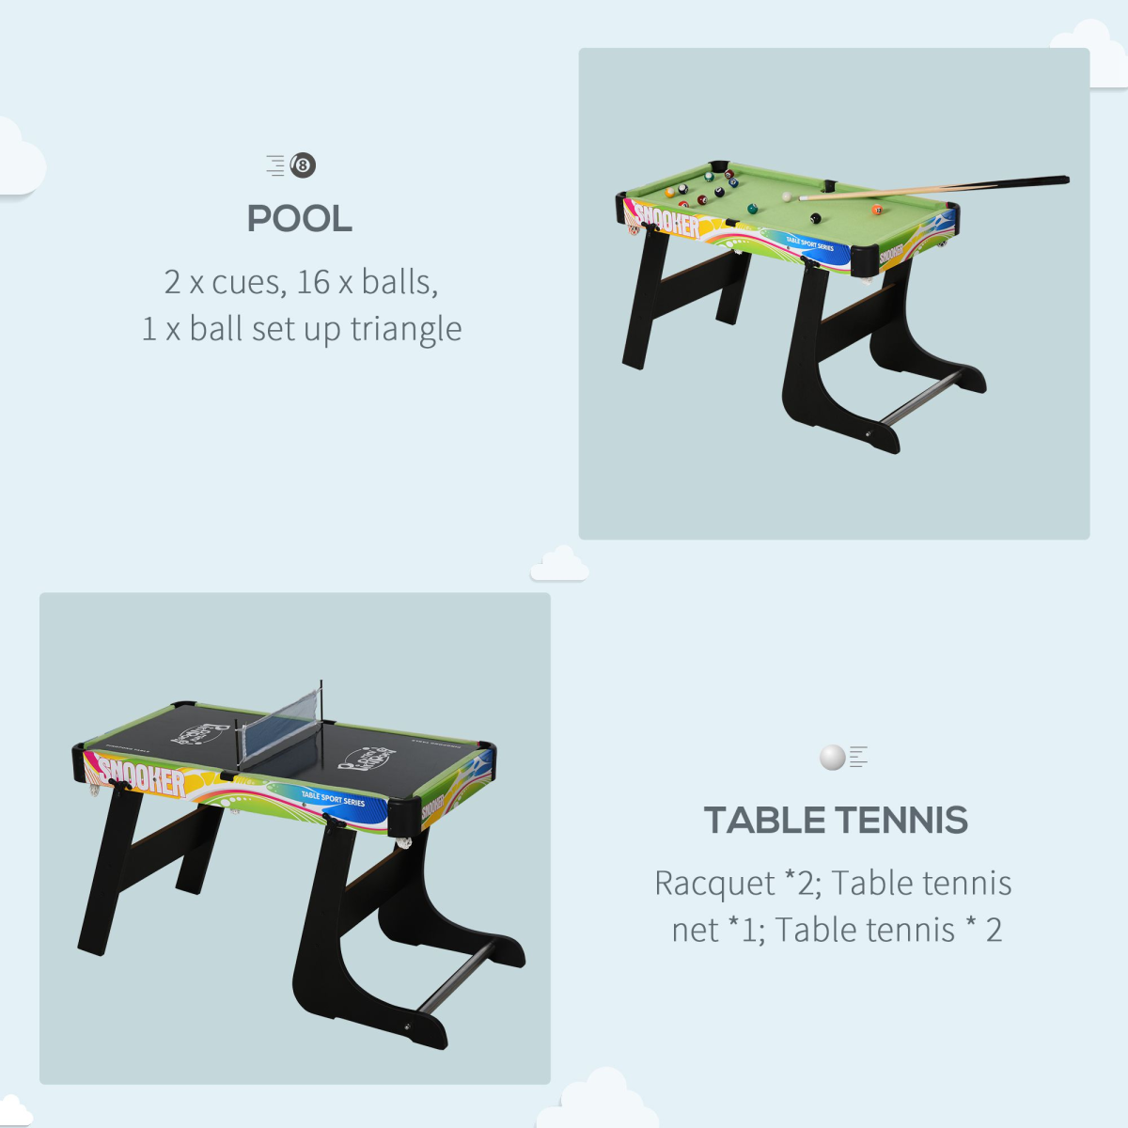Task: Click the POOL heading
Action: tap(299, 219)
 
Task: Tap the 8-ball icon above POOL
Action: tap(303, 165)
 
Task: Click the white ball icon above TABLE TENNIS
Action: tap(833, 757)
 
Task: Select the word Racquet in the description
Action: tap(714, 884)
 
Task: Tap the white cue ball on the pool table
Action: tap(787, 197)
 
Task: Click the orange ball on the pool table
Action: tap(876, 210)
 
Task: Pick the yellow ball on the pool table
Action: tap(670, 193)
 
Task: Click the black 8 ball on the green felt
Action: tap(815, 218)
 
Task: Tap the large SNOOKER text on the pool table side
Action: tap(667, 222)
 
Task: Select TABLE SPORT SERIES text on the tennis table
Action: tap(333, 799)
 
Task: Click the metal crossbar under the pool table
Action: tap(921, 398)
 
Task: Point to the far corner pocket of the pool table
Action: tap(719, 167)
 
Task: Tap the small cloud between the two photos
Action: tap(560, 564)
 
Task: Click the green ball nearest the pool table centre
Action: tap(752, 208)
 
